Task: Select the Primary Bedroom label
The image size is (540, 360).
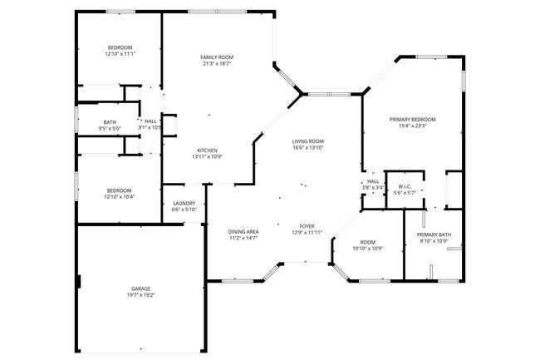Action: pyautogui.click(x=412, y=120)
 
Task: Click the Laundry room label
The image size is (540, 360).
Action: pyautogui.click(x=184, y=203)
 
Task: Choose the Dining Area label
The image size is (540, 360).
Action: pyautogui.click(x=243, y=231)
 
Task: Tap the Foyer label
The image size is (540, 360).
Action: pyautogui.click(x=307, y=225)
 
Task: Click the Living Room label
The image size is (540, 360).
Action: pyautogui.click(x=307, y=141)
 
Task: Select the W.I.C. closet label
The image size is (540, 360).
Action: pyautogui.click(x=405, y=186)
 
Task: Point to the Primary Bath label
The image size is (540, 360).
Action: pyautogui.click(x=434, y=234)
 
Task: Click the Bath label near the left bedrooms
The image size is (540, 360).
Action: pyautogui.click(x=110, y=121)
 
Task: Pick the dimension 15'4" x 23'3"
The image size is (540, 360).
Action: pyautogui.click(x=412, y=126)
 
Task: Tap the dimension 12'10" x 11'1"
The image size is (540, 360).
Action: pyautogui.click(x=120, y=54)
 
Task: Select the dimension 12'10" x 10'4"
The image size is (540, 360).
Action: pyautogui.click(x=120, y=196)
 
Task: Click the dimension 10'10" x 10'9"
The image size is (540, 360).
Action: pyautogui.click(x=367, y=249)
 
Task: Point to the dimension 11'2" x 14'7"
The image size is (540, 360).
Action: pyautogui.click(x=243, y=238)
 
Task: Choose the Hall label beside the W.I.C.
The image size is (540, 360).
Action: pyautogui.click(x=373, y=181)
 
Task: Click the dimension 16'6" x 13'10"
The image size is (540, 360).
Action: pyautogui.click(x=307, y=148)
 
